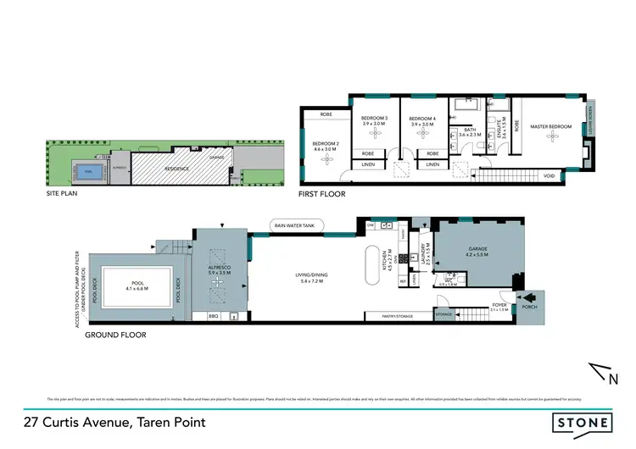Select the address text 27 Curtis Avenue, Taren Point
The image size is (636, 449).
click(x=114, y=422)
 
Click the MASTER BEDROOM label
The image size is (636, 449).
click(x=551, y=127)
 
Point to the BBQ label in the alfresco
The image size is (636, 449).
click(x=213, y=317)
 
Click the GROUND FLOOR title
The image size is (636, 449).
click(x=115, y=335)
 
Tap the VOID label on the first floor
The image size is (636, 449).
click(x=549, y=175)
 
